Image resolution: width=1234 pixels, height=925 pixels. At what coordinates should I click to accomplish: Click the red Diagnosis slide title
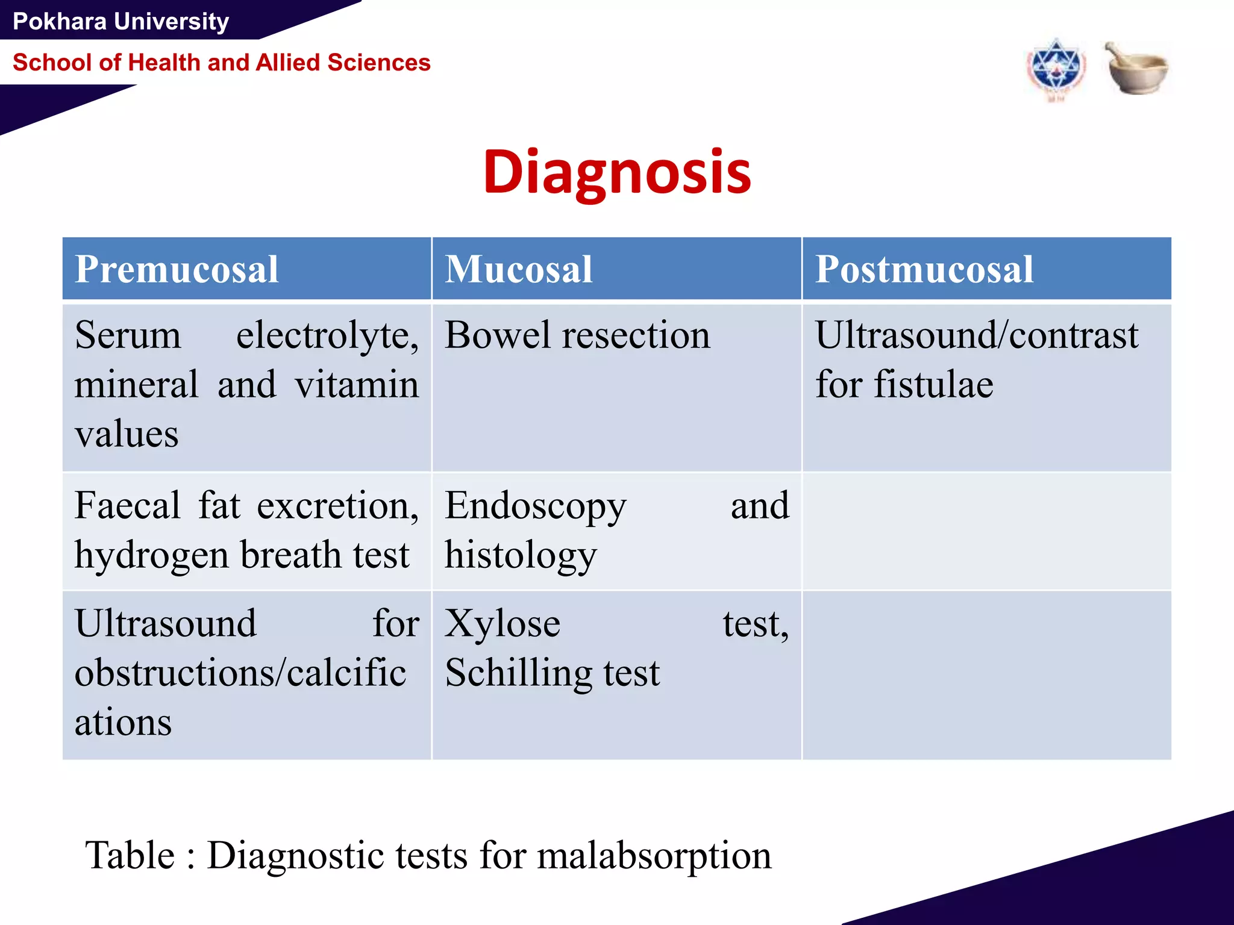pos(617,173)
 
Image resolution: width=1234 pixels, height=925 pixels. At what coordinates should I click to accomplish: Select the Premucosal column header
pos(177,269)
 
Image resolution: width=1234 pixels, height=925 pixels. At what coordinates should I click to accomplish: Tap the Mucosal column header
pos(519,269)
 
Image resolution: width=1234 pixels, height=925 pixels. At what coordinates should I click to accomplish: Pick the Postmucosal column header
pos(924,269)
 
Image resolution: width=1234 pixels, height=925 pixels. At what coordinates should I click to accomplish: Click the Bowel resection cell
pos(577,335)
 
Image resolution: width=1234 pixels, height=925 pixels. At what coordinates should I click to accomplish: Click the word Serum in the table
pos(128,335)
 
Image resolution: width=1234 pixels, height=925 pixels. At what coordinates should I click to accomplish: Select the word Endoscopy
pos(536,506)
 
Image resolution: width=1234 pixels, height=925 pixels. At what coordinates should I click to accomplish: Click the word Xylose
pos(503,624)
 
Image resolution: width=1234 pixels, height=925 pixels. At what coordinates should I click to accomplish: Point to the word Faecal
pos(128,506)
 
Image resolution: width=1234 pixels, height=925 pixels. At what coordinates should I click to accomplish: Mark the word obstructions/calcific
pos(240,673)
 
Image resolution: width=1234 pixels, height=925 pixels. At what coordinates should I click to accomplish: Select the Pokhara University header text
pos(121,22)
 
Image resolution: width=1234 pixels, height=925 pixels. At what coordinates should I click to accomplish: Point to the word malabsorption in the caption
pos(654,855)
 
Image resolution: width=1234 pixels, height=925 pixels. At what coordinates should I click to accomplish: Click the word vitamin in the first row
pos(357,385)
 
